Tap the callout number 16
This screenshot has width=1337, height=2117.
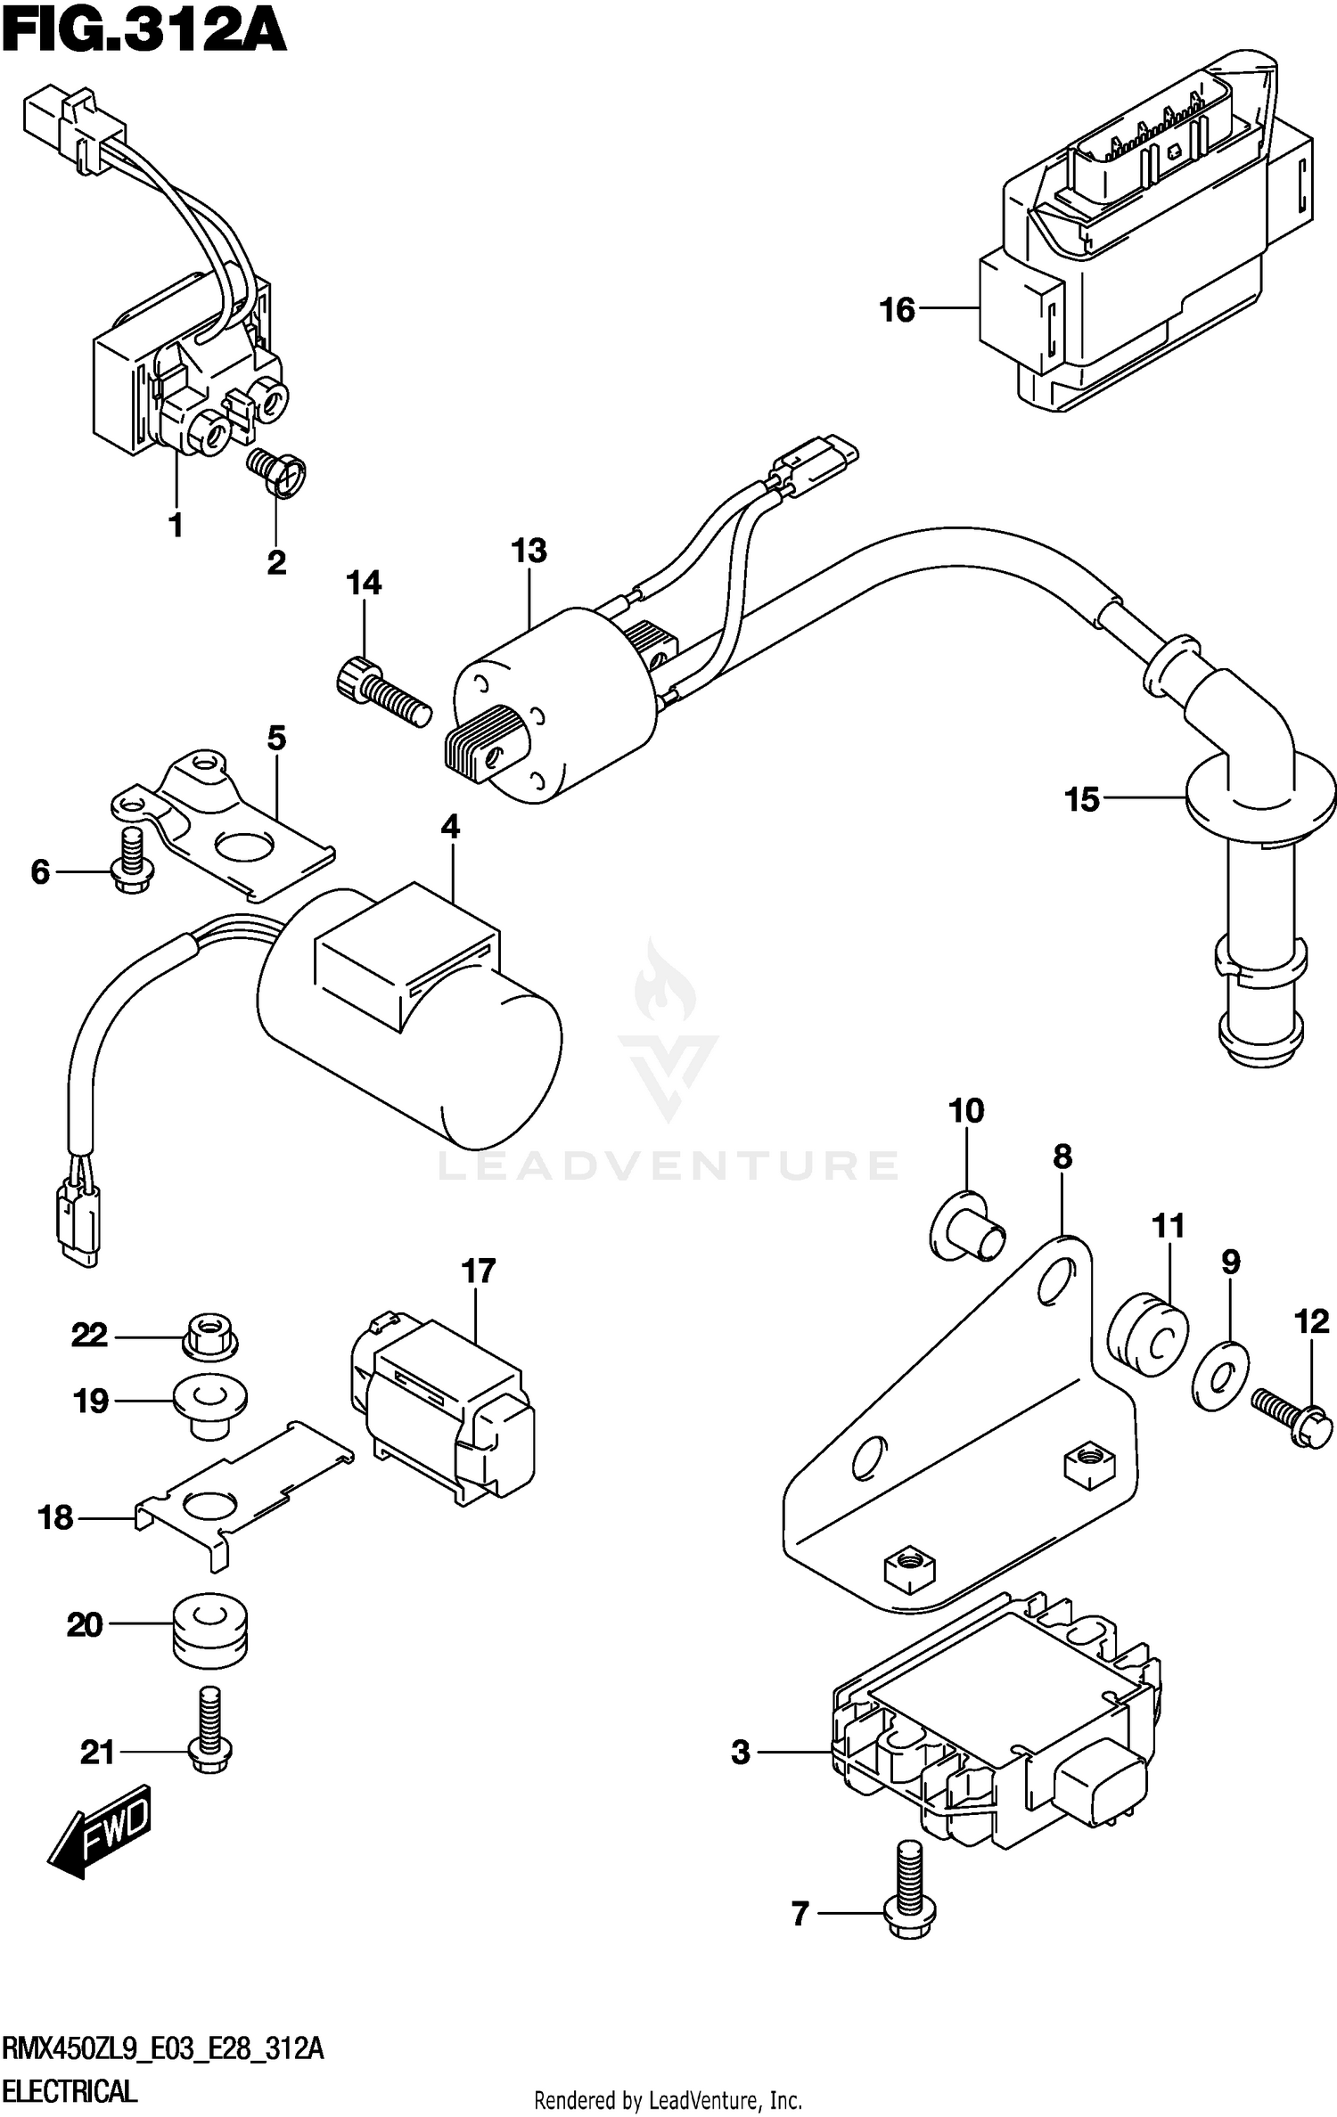897,310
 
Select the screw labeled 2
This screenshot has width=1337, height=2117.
277,471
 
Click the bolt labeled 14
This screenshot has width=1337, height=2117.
383,696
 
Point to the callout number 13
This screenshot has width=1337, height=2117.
529,552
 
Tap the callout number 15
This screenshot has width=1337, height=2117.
1082,800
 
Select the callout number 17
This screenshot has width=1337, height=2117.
479,1271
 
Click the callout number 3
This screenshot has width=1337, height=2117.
741,1753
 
